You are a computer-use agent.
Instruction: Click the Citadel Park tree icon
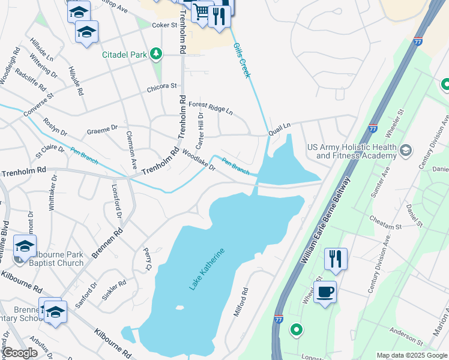(x=156, y=55)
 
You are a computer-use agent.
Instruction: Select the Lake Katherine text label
(x=207, y=269)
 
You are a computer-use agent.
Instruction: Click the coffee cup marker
(x=325, y=292)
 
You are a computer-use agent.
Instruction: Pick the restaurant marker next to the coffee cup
(x=336, y=259)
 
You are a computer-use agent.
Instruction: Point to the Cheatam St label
(x=385, y=223)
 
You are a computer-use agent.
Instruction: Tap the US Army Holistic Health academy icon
(x=406, y=149)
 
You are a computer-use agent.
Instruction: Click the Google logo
(x=20, y=353)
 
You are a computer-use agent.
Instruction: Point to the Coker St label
(x=164, y=25)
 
